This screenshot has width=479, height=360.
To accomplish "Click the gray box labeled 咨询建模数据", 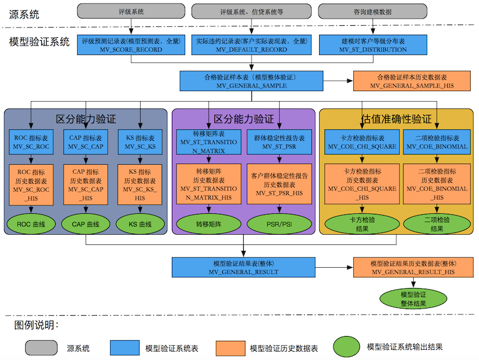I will tap(372, 11).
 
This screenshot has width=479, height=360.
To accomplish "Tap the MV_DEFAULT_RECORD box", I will tap(251, 46).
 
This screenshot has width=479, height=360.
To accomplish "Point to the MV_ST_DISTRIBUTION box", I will tap(372, 46).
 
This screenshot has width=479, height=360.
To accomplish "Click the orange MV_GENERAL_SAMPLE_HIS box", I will tap(411, 81).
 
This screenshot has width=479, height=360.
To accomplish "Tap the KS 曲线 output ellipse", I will tap(140, 224).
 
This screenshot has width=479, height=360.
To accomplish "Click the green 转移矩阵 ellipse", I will tap(208, 224).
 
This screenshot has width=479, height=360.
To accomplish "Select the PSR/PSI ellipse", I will tap(280, 224).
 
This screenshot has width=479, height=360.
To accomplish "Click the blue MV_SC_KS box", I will tap(140, 142).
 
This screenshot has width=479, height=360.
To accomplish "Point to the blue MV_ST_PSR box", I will tap(280, 142).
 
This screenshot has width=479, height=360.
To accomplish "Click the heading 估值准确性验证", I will tap(396, 119).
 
